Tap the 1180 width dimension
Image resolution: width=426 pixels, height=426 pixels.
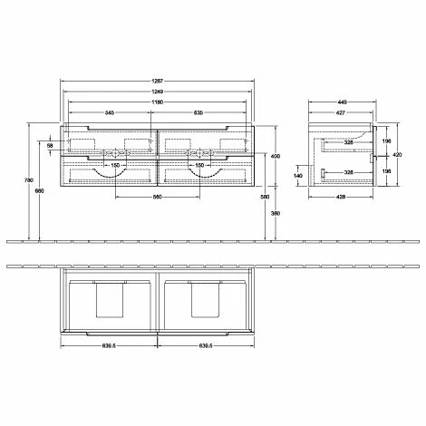click(158, 102)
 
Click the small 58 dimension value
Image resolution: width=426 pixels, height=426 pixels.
click(51, 145)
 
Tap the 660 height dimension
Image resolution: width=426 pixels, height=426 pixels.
click(38, 190)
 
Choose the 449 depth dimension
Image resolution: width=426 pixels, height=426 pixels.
click(342, 102)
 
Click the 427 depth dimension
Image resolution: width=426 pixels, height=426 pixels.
click(341, 114)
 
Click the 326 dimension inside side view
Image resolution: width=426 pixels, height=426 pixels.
click(348, 142)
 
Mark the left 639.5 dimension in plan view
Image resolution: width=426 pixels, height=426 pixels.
click(109, 346)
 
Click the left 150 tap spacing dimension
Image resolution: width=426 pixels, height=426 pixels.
click(116, 165)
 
